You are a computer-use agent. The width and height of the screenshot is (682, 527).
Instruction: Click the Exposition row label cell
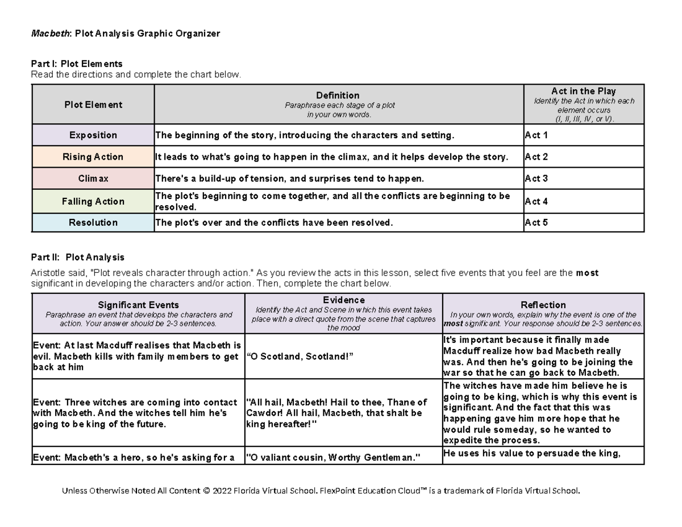[93, 135]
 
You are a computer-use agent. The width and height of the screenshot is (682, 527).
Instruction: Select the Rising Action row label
[93, 157]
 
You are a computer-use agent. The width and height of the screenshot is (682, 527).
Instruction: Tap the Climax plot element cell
[93, 179]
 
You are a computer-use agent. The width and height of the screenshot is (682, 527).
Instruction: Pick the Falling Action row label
[93, 201]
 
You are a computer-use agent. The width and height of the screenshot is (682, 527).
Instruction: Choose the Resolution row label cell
[93, 223]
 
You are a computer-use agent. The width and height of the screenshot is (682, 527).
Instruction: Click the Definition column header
[338, 96]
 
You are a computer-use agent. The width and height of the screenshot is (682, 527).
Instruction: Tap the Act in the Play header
[583, 92]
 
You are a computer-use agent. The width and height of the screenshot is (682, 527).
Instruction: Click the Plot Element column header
[93, 105]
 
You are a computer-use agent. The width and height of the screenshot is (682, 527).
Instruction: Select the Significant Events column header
[139, 305]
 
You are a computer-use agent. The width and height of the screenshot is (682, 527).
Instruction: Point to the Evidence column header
[343, 300]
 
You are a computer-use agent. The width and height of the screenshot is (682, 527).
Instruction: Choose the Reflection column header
[543, 305]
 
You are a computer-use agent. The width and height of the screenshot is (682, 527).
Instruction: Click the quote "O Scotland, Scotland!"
[301, 356]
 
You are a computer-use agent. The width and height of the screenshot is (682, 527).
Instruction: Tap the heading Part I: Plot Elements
[77, 64]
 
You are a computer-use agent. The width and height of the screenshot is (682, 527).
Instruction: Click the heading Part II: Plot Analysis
[78, 258]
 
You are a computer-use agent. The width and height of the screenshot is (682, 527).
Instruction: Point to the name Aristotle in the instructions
[48, 273]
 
